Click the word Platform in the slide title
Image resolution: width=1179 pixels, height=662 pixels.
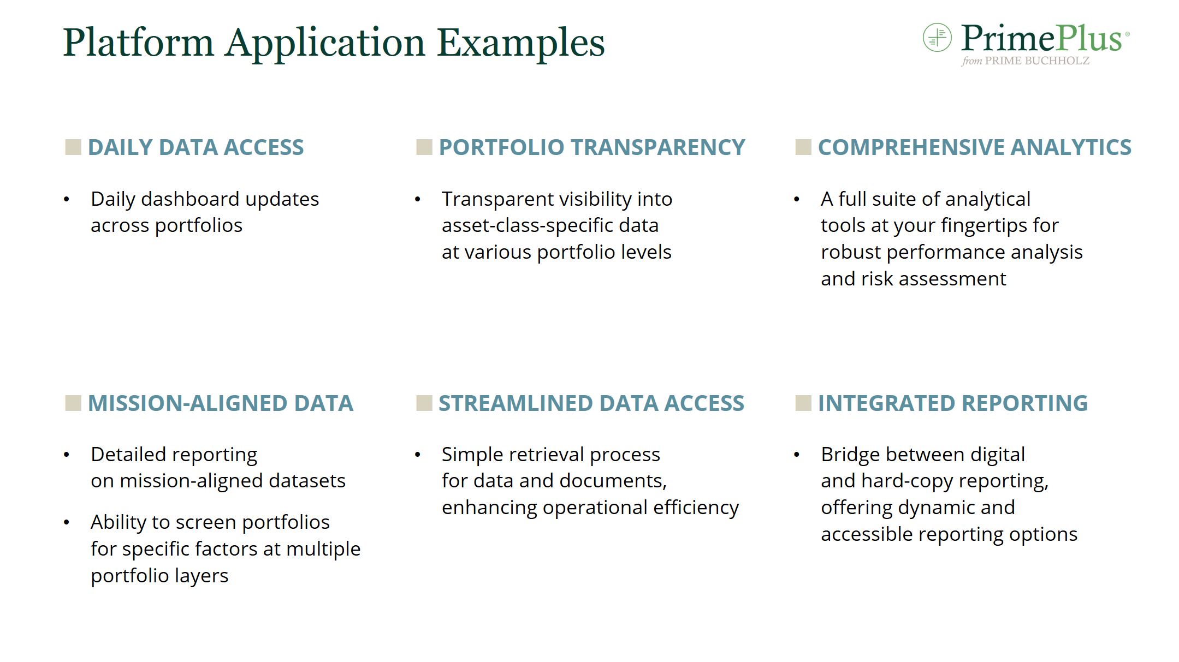(138, 43)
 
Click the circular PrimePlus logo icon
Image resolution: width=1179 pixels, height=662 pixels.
(937, 37)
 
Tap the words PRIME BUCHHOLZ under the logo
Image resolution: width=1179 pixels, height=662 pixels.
(1037, 61)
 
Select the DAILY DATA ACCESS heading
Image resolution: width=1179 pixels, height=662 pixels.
(195, 147)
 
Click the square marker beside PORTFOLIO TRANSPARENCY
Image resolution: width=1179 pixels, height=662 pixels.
(424, 147)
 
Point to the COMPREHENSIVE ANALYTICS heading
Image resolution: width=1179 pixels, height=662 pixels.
(975, 147)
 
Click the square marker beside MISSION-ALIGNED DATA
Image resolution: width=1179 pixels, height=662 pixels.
(73, 403)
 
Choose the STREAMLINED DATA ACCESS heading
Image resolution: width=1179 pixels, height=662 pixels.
(591, 403)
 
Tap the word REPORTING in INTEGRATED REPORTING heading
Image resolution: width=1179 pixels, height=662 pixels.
(1025, 403)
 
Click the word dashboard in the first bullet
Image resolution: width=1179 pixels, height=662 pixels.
(191, 199)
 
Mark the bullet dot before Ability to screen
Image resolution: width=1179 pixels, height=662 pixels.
(67, 523)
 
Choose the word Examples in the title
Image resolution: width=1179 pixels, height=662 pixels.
(521, 43)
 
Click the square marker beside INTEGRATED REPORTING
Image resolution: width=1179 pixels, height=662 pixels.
(803, 403)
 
